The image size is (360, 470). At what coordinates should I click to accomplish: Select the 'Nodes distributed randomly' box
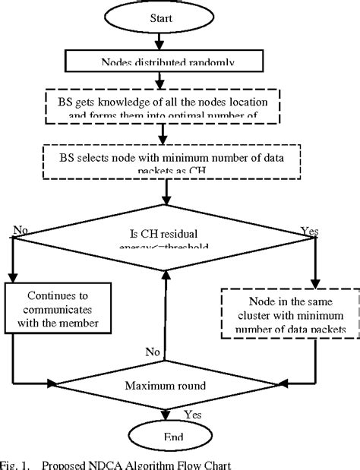[x=165, y=62]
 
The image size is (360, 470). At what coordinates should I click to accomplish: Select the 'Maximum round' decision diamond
[x=165, y=386]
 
